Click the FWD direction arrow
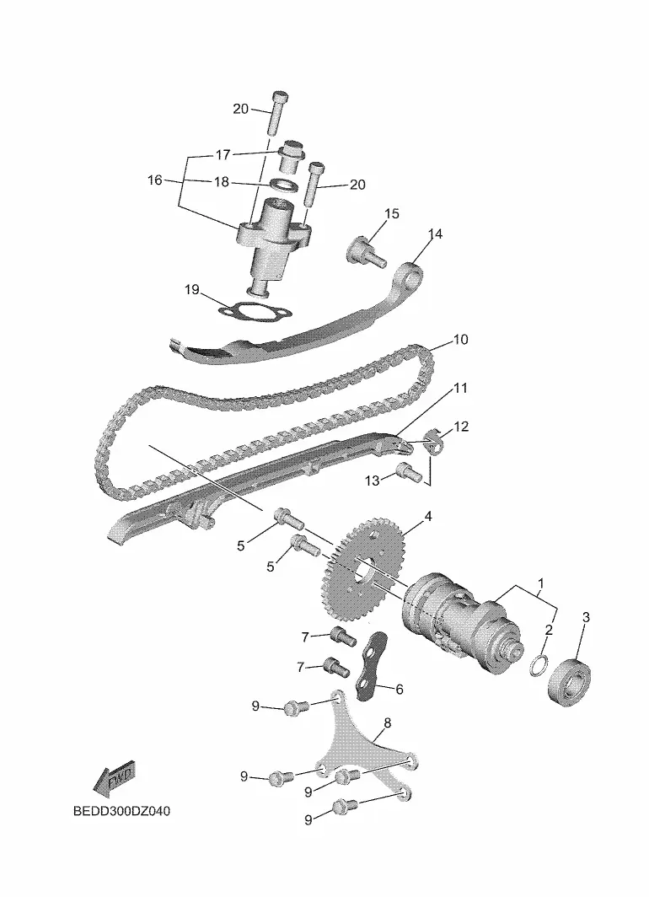(x=114, y=779)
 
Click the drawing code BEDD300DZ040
(x=122, y=811)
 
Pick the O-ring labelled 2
(x=538, y=664)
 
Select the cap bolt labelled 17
(x=291, y=154)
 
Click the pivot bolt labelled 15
(x=367, y=252)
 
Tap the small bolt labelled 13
(x=408, y=471)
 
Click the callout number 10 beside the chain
(x=460, y=339)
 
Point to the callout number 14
(x=435, y=234)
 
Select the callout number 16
(x=155, y=180)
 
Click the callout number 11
(x=460, y=388)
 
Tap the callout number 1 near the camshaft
(x=541, y=583)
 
